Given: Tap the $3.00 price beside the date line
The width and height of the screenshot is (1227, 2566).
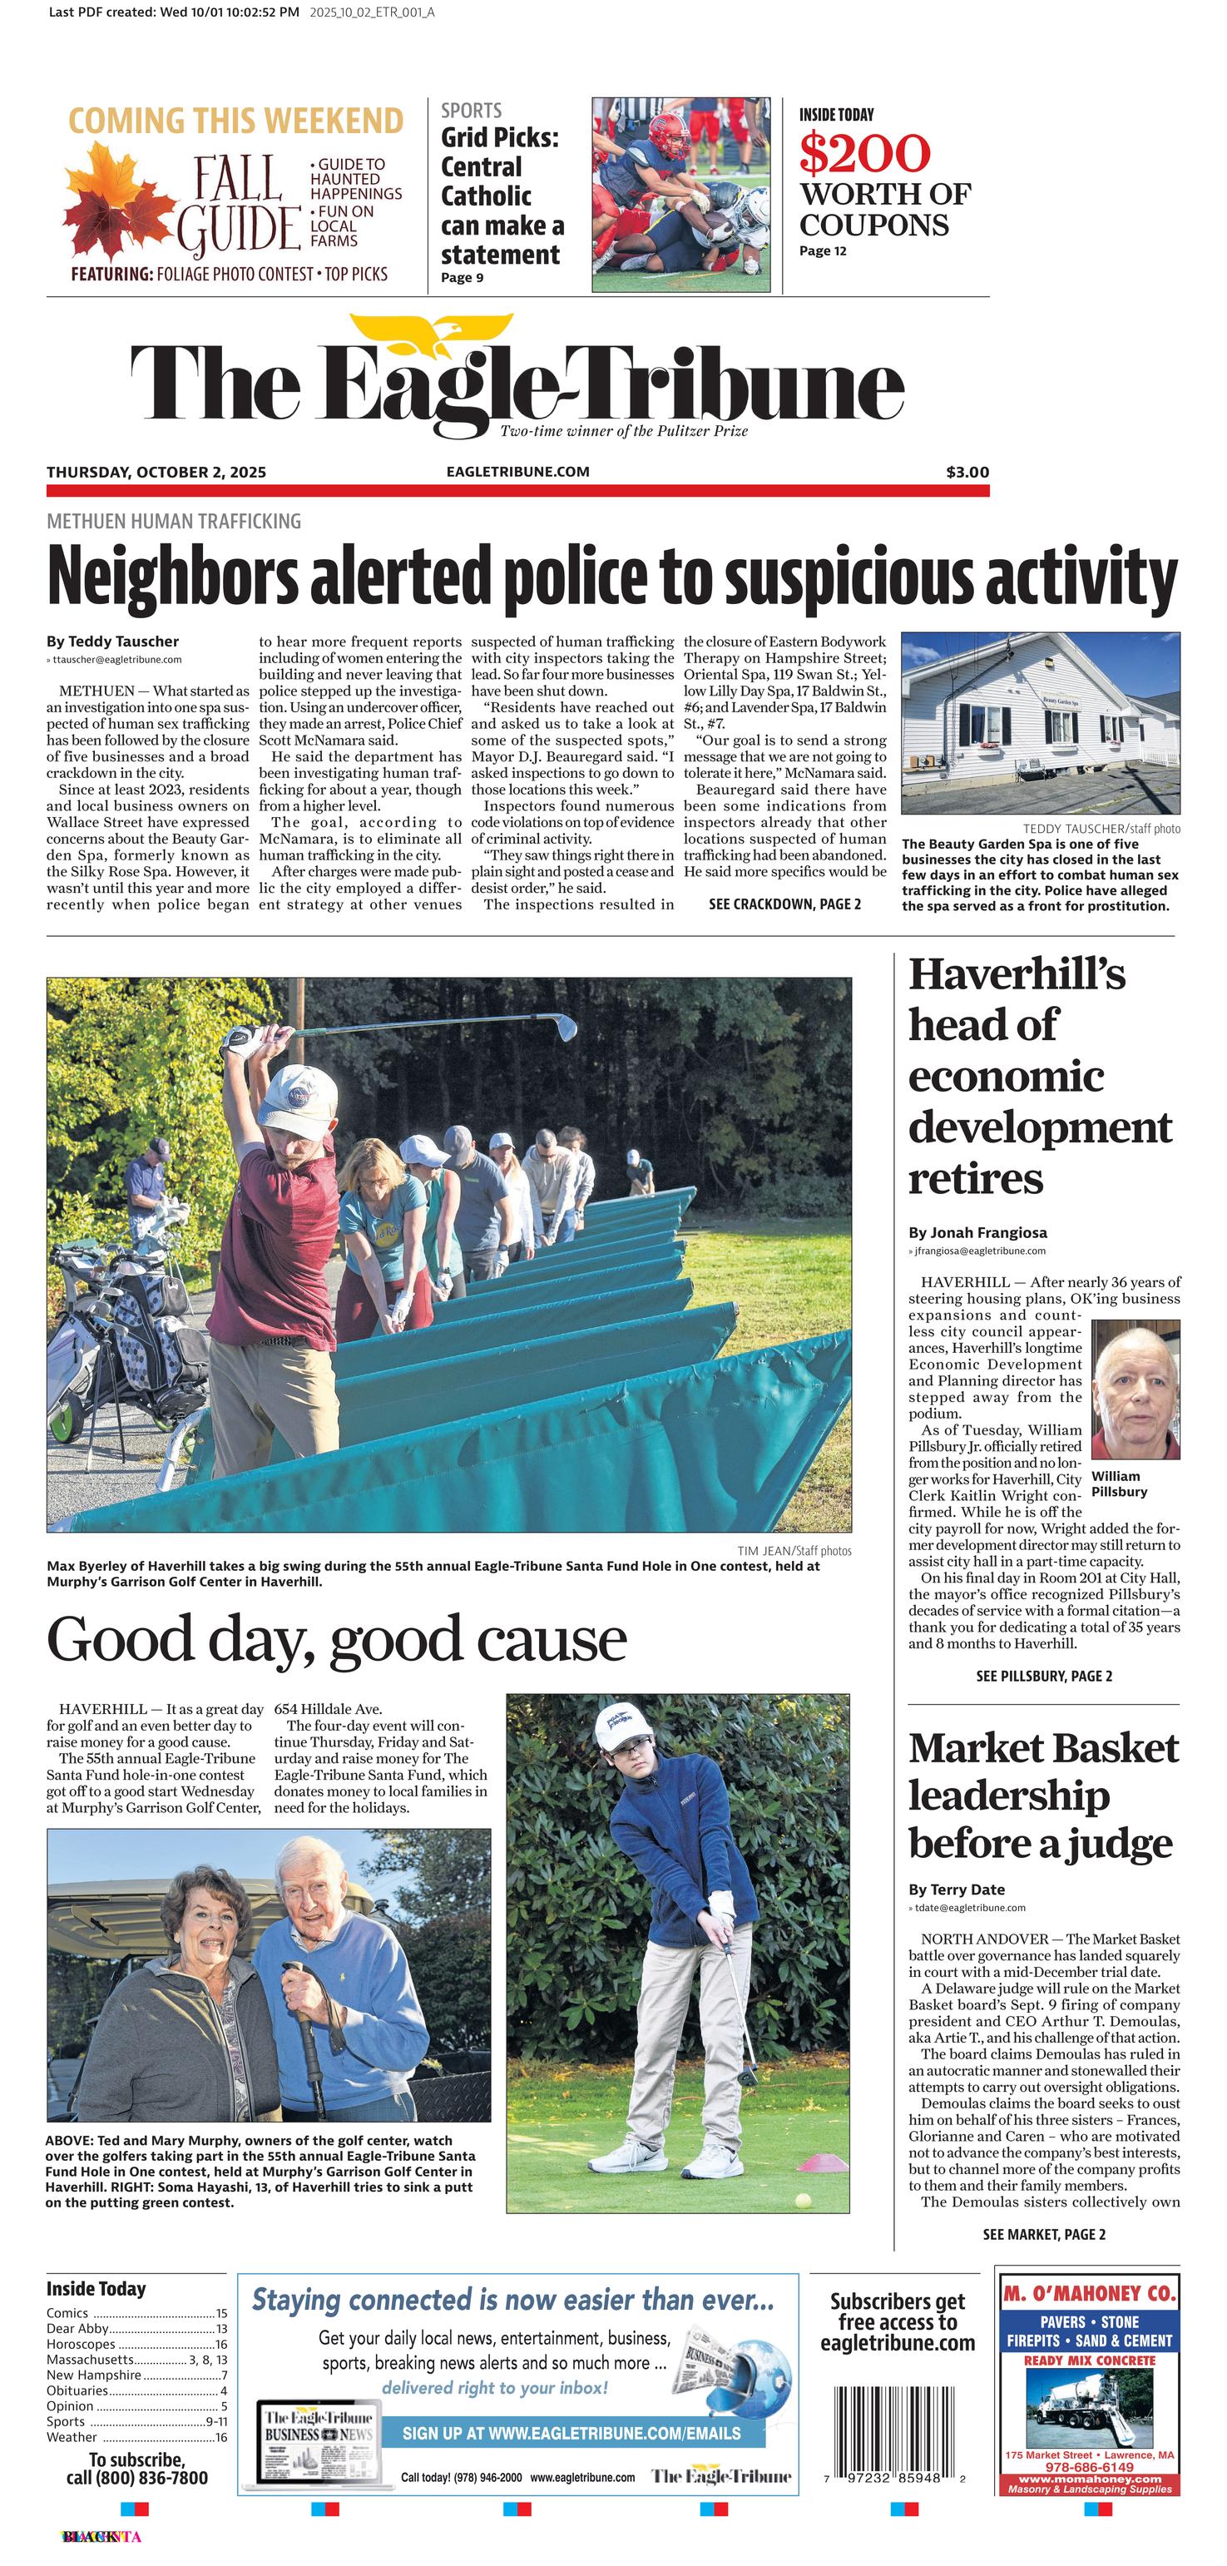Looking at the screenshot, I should click(x=967, y=472).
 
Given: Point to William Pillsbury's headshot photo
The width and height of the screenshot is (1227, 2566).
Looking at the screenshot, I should click(x=1135, y=1389).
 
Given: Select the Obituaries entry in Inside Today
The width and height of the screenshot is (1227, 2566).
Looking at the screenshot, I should click(x=77, y=2390).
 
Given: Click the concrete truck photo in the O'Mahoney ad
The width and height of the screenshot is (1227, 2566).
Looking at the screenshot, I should click(x=1090, y=2405).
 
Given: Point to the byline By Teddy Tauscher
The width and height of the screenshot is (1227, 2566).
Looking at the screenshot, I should click(x=112, y=641).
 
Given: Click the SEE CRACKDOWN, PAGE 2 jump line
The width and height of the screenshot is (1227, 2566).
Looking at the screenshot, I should click(x=784, y=904).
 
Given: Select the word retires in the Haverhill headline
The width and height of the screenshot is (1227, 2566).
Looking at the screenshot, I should click(x=975, y=1178).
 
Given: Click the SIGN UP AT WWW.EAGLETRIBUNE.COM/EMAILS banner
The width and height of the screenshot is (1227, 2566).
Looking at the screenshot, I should click(x=571, y=2433).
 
